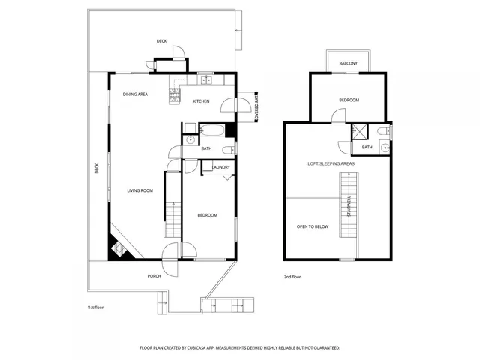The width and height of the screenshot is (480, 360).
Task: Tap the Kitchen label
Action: [x=201, y=101]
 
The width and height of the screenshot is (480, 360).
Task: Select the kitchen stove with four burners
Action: [x=174, y=94]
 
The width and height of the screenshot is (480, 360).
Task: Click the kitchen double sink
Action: [x=206, y=79]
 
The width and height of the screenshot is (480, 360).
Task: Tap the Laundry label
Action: [x=221, y=168]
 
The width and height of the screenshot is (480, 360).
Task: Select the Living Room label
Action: [x=139, y=190]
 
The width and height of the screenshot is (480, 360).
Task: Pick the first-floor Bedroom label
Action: [x=207, y=215]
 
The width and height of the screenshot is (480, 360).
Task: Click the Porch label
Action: [x=154, y=276]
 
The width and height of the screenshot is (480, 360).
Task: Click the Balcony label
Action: [x=348, y=63]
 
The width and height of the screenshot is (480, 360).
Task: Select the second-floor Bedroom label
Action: [x=349, y=100]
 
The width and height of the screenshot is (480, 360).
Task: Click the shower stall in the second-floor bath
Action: [x=359, y=133]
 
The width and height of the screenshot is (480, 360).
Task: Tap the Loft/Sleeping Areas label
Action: [x=331, y=163]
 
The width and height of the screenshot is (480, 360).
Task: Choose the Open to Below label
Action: [x=312, y=225]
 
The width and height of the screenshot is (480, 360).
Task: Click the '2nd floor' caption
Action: [x=293, y=277]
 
